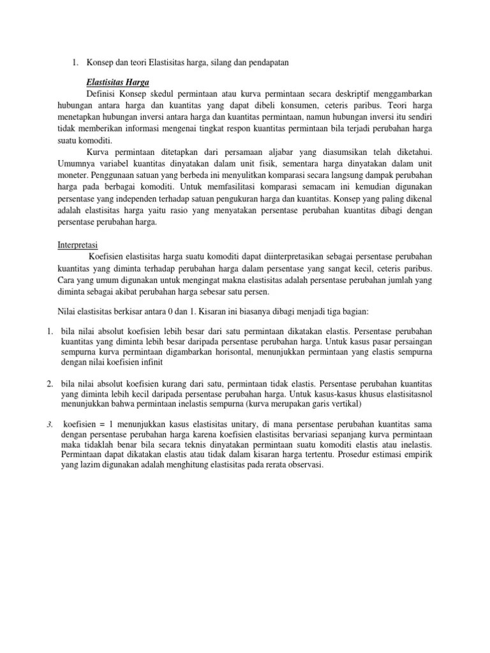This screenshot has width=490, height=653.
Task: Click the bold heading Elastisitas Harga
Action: [118, 82]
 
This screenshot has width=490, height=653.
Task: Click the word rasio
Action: [182, 210]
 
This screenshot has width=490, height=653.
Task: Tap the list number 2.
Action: [49, 384]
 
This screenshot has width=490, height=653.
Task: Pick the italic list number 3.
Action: [49, 425]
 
